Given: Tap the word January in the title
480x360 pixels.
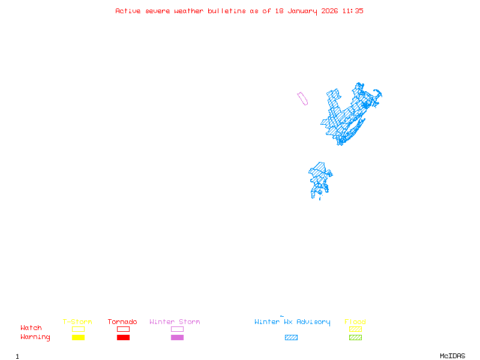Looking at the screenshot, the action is [301, 11].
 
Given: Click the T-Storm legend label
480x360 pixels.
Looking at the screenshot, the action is [77, 322].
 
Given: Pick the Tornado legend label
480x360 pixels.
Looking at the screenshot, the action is [122, 322].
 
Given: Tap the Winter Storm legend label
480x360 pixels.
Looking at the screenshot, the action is [175, 322].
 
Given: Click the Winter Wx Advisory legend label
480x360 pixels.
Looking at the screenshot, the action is [292, 322].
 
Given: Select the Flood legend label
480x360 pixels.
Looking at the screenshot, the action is [355, 322].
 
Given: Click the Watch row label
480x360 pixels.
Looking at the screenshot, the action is [31, 328].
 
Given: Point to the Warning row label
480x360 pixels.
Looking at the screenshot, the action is [35, 337].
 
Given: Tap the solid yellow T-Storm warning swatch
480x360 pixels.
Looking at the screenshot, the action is [78, 338].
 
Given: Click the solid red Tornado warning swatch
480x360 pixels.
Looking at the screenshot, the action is [123, 338].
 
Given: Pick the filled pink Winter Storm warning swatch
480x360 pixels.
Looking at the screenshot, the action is [177, 338].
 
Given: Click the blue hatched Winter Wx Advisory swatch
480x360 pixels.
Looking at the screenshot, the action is [291, 338].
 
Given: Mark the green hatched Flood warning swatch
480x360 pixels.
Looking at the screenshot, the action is [355, 338].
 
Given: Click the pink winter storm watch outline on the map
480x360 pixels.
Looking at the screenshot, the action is [302, 98].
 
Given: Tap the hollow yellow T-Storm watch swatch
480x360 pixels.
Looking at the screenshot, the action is [78, 329].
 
